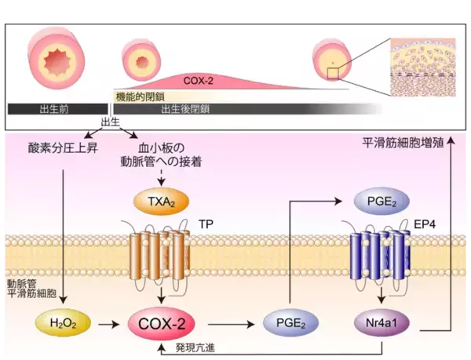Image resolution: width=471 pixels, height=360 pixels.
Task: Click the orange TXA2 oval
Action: coord(162,203)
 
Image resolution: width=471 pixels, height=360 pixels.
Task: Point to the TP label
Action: coord(206,224)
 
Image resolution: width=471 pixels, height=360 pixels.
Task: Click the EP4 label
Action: coord(425,224)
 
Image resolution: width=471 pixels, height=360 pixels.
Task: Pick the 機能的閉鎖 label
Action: coord(137,96)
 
